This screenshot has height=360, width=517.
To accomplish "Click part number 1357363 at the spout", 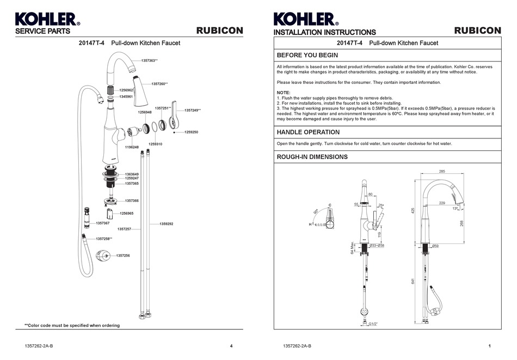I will click(x=149, y=60).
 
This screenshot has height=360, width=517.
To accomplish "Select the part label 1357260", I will click(x=159, y=84).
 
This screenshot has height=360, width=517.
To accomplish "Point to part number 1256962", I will click(x=126, y=89).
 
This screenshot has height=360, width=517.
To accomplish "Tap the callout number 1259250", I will click(x=191, y=132).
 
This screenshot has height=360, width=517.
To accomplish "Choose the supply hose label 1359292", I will click(x=166, y=224).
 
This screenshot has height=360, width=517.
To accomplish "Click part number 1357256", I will click(x=124, y=255).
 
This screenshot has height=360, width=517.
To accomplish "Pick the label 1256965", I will click(x=127, y=213).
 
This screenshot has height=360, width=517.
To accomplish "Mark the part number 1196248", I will click(x=132, y=147).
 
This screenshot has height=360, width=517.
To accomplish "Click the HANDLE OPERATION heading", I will click(x=308, y=132).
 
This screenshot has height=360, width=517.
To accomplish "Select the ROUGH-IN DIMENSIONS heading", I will click(x=312, y=157).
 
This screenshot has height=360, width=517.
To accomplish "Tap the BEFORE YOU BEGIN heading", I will click(x=307, y=56).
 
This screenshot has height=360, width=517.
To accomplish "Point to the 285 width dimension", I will click(x=442, y=171).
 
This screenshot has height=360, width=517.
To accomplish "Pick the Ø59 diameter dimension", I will click(x=435, y=246).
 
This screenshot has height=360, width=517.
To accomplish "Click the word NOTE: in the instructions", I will click(x=284, y=93).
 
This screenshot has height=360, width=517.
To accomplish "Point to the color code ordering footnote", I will click(x=72, y=325).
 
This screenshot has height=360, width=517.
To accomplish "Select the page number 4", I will click(x=231, y=346).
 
